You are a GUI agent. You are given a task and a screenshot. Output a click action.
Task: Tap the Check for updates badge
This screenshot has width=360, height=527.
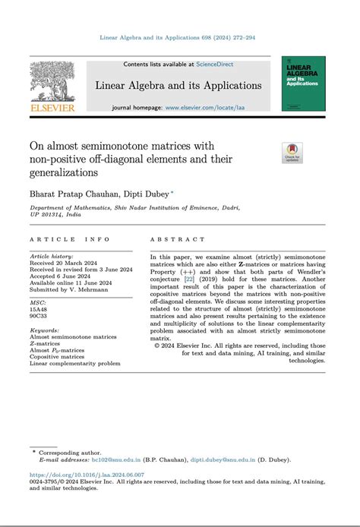coord(292,152)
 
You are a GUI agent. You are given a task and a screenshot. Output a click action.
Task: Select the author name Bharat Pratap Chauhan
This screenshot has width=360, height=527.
coord(70,193)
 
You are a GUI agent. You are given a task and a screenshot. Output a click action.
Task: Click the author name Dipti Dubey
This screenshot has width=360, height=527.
coord(145,193)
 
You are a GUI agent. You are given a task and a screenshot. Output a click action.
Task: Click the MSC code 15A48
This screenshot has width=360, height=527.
coord(39,308)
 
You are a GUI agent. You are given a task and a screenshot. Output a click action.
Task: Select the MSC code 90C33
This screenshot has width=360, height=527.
coord(39,315)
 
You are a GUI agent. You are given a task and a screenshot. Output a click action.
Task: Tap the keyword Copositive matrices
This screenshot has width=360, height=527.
coord(57,356)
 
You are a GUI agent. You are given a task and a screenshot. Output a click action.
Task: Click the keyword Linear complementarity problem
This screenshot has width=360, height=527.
coord(75,363)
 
